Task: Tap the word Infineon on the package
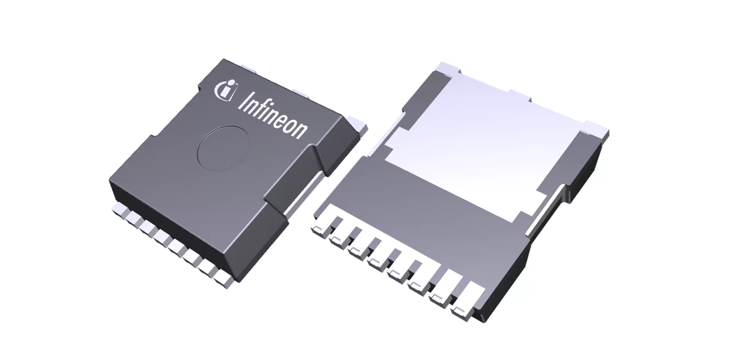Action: point(272,113)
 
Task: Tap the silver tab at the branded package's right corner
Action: point(356,123)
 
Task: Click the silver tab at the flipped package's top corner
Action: point(447,68)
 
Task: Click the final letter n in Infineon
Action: point(300,129)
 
